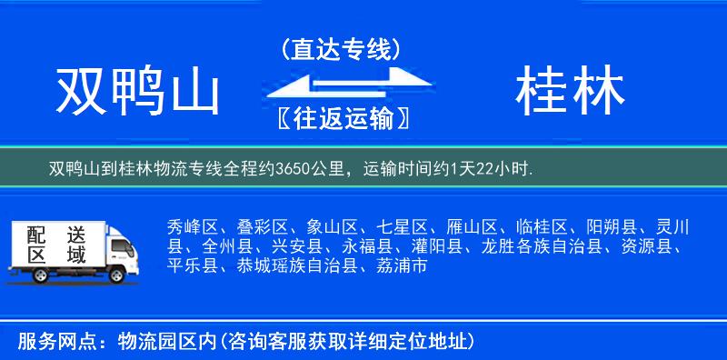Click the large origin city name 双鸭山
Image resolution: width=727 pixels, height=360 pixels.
[139, 93]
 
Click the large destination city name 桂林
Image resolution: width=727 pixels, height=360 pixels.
[570, 93]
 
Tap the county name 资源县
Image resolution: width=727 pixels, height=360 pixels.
[650, 246]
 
